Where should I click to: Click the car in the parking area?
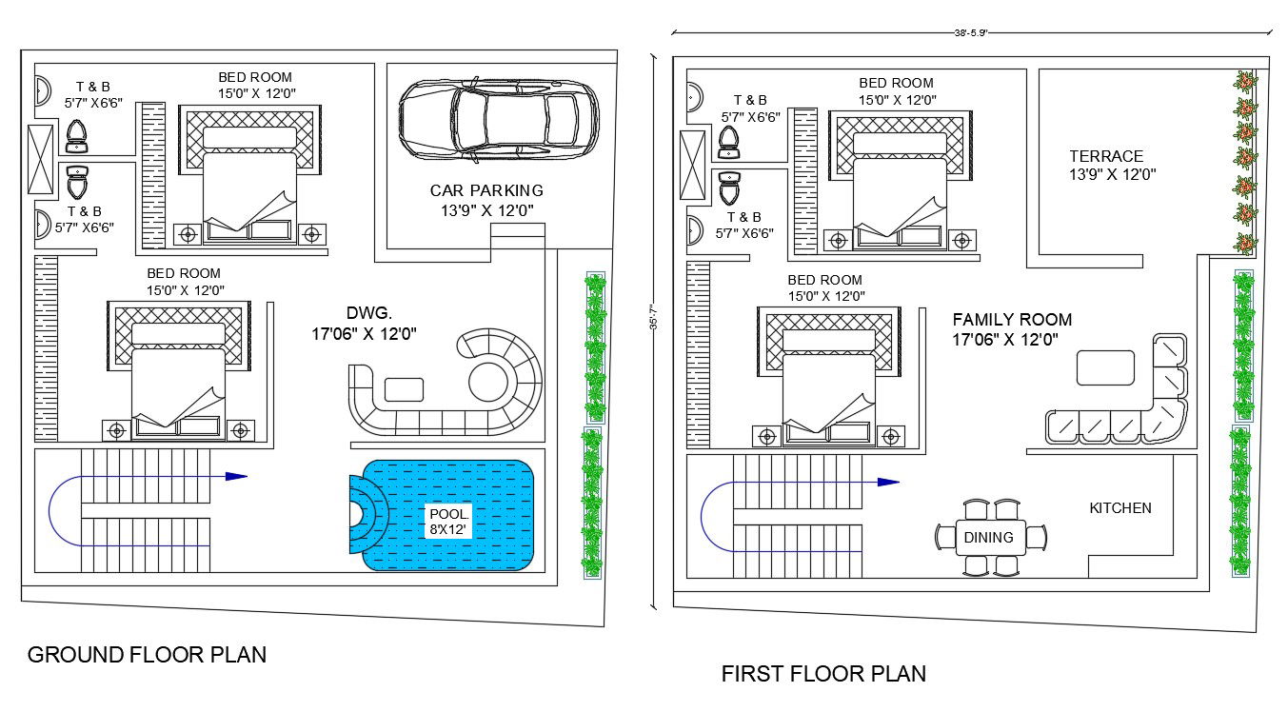[499, 118]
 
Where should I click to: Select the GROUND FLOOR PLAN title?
[147, 655]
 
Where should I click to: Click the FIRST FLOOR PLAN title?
[822, 674]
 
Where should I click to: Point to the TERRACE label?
[1105, 156]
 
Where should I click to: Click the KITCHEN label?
[1120, 508]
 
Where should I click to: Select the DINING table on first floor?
[989, 538]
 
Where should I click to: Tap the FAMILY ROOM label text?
[1012, 320]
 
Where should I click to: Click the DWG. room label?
[368, 312]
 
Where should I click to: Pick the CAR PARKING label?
[486, 190]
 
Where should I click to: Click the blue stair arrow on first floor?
[887, 483]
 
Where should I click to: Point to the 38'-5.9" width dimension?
[971, 31]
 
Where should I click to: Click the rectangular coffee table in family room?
[1105, 367]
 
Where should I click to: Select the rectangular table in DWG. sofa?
[404, 389]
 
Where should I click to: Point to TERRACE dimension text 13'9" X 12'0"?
[1112, 174]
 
